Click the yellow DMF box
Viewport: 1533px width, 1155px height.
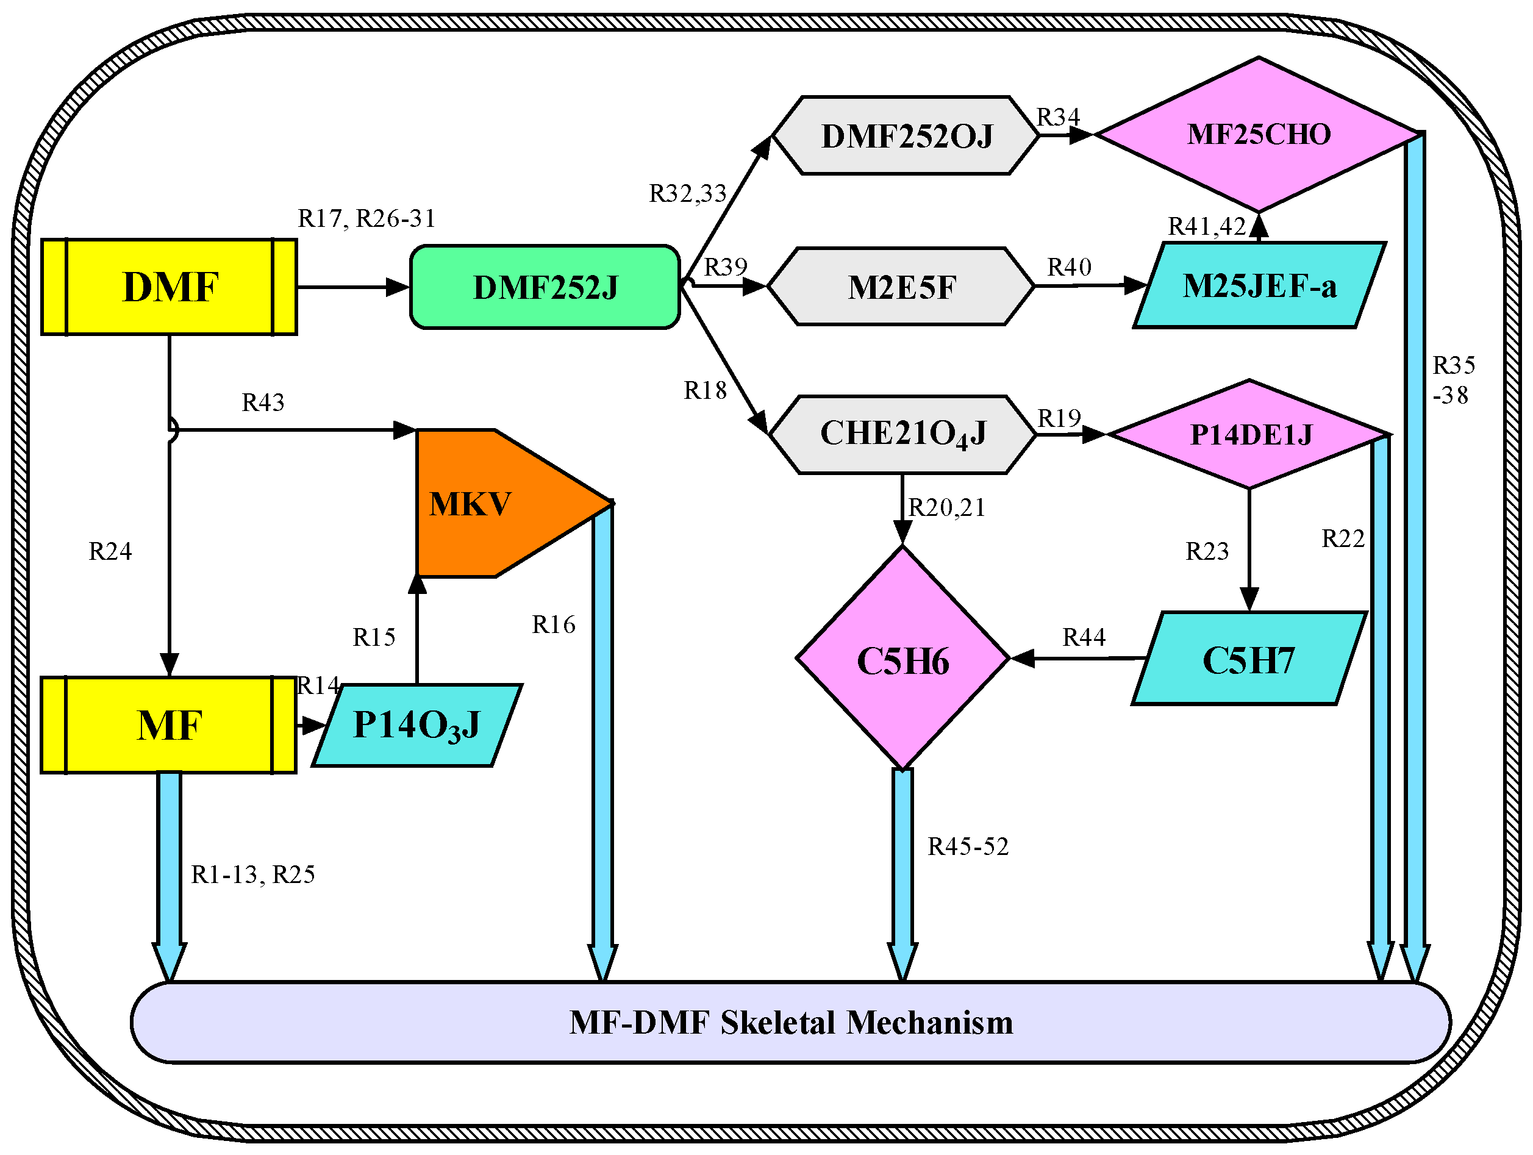169,287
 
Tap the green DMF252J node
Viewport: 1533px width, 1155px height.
545,287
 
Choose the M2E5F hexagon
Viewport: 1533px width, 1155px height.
901,287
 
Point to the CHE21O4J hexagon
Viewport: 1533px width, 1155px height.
902,435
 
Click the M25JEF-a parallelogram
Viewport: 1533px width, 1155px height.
1259,285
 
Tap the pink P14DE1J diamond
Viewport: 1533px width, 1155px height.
1250,435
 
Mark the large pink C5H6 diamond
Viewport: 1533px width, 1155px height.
902,659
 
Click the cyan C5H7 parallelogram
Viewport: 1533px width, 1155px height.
1248,659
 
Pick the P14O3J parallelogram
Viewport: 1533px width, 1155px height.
416,726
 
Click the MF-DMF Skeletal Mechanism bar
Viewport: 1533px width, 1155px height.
790,1023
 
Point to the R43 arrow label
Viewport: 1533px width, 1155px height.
263,402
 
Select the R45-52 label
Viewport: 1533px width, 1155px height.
968,846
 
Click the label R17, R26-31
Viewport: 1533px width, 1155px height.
366,218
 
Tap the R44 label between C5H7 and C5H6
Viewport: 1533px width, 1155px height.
1084,637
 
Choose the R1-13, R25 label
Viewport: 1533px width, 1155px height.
253,875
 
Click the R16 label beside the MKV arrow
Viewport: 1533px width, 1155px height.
553,624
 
